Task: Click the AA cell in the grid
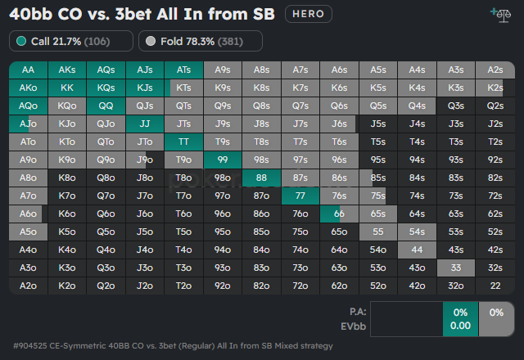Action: point(28,70)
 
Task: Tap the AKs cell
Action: point(67,70)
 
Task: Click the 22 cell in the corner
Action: point(495,285)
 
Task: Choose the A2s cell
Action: point(495,70)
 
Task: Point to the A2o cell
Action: point(28,285)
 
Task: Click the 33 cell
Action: point(456,267)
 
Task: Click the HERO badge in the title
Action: point(309,14)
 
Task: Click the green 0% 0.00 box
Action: point(459,318)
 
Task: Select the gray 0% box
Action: point(495,318)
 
